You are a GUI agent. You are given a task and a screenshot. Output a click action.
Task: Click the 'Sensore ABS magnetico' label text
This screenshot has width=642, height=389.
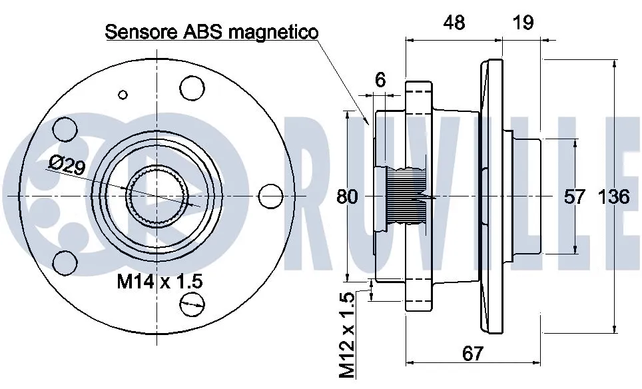coord(212,31)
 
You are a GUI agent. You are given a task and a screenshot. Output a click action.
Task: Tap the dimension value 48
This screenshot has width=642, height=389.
coord(454,23)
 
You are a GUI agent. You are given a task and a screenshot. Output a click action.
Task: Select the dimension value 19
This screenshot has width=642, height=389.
coord(523,23)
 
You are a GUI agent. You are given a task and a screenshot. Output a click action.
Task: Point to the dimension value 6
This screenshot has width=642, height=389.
coord(380,80)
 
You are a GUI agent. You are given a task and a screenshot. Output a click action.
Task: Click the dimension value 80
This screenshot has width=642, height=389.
coord(347,197)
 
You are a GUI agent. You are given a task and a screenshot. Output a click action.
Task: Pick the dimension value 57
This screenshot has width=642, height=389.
coord(575,197)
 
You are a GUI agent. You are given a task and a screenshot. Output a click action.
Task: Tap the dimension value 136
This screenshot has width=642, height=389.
coord(614,197)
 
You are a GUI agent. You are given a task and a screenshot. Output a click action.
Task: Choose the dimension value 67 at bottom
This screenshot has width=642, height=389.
coord(472,353)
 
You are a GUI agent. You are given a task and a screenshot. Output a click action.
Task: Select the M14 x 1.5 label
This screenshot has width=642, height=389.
coord(160,282)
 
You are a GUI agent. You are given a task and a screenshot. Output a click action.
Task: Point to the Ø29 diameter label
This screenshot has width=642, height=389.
coord(67,164)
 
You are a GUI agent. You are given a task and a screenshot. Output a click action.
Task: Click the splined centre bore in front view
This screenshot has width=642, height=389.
coord(157,196)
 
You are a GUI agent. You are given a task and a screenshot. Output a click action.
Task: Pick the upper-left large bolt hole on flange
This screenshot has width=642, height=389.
coord(65,128)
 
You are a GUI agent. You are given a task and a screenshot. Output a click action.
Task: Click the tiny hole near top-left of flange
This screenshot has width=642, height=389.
coord(122,94)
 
